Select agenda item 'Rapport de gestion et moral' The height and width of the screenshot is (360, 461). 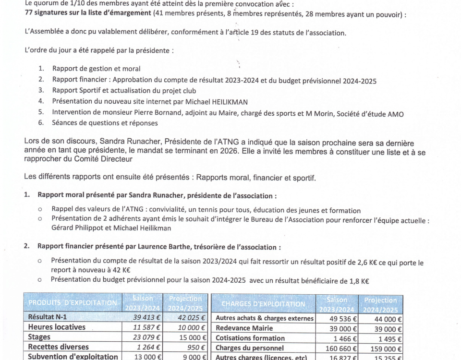click(x=96, y=69)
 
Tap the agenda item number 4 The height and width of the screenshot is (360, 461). click(x=41, y=101)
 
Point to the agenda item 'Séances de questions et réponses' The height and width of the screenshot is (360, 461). click(x=105, y=123)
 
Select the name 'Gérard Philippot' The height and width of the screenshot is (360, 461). click(x=78, y=228)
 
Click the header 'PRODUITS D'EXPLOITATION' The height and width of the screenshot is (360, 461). click(x=72, y=303)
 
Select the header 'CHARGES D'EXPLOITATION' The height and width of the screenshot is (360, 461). click(x=263, y=304)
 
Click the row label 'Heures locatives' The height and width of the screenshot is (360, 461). click(x=57, y=327)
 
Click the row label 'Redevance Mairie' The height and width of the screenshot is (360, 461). click(x=244, y=328)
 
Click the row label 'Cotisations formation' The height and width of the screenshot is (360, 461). click(x=250, y=338)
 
